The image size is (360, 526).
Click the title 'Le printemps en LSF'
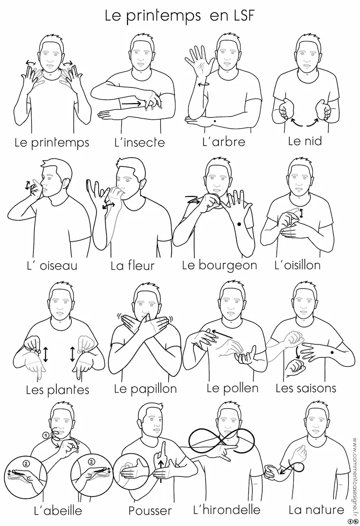[x=180, y=16]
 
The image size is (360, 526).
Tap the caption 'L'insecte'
[x=139, y=143]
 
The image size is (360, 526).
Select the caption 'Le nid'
[x=305, y=141]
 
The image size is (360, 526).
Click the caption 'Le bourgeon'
[x=219, y=265]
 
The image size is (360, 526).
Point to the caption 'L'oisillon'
[x=297, y=265]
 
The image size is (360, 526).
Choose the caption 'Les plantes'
[x=57, y=390]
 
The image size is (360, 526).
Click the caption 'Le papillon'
[x=145, y=389]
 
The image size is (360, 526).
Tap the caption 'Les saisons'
[x=306, y=388]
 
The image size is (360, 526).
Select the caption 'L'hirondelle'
[x=226, y=510]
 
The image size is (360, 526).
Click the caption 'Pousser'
[x=150, y=511]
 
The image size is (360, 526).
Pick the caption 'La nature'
[x=316, y=510]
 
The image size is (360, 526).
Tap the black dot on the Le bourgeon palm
[x=239, y=224]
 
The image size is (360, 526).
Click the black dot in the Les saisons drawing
[x=332, y=352]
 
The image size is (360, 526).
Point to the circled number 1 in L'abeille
[x=45, y=435]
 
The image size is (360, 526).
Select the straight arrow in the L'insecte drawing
[x=131, y=104]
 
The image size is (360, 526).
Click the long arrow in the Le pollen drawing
[x=221, y=333]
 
